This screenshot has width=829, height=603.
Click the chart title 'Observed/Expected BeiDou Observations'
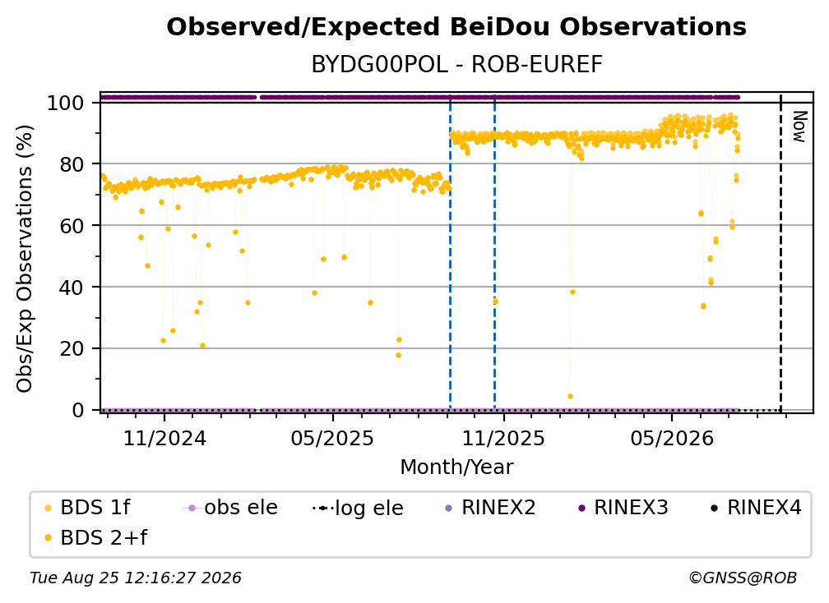click(x=456, y=27)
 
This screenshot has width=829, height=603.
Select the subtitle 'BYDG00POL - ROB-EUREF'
click(x=456, y=65)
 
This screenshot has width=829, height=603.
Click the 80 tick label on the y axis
click(x=72, y=164)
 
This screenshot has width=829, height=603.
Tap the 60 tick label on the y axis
click(x=72, y=225)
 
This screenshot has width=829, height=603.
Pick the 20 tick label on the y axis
click(x=72, y=348)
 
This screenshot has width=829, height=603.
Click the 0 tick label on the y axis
click(x=78, y=410)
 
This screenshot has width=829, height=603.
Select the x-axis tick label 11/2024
click(x=164, y=438)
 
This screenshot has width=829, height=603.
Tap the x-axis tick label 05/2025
click(x=332, y=438)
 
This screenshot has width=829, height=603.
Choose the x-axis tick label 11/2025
click(x=503, y=438)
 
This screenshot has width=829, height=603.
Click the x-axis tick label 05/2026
click(x=672, y=438)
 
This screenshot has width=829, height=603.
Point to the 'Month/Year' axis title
click(x=456, y=467)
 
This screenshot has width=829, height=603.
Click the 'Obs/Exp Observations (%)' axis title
click(x=25, y=259)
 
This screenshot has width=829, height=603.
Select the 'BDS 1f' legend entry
click(x=88, y=508)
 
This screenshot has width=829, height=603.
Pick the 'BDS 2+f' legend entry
click(x=96, y=537)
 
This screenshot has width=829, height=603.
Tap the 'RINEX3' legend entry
click(x=625, y=508)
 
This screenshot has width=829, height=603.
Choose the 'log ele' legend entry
click(x=358, y=508)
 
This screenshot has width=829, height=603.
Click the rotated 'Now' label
click(x=799, y=127)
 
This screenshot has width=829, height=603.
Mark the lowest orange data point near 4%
click(x=570, y=397)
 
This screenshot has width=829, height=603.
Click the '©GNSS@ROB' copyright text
click(x=743, y=578)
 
